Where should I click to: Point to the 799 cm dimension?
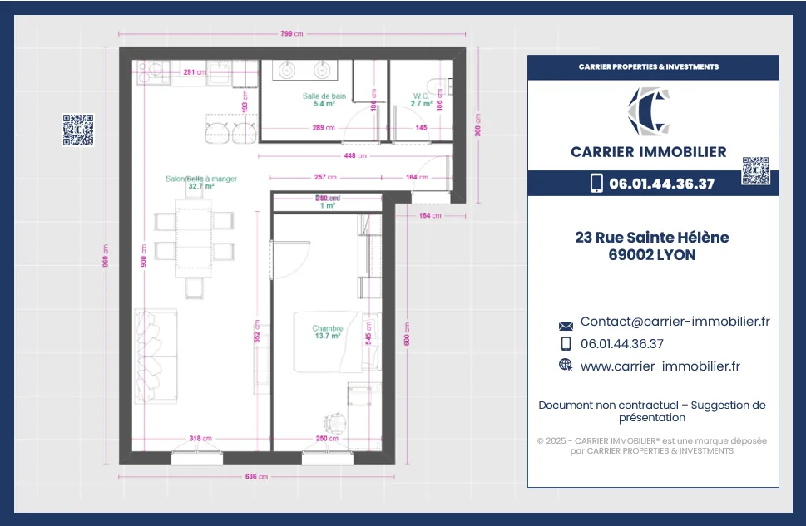292,34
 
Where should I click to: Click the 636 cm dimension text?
256,477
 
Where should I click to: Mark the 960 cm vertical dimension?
106,249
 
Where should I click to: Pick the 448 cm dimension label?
355,155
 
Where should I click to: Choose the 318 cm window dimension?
200,438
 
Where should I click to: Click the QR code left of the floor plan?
78,130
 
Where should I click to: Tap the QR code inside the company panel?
755,170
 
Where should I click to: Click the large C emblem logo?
649,111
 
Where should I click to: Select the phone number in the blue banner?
661,184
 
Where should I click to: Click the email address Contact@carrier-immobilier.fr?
675,322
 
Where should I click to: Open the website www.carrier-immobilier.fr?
660,366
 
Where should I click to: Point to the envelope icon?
566,326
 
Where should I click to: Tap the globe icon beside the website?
566,365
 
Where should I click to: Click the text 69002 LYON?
652,256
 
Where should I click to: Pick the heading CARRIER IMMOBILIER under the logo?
648,152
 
